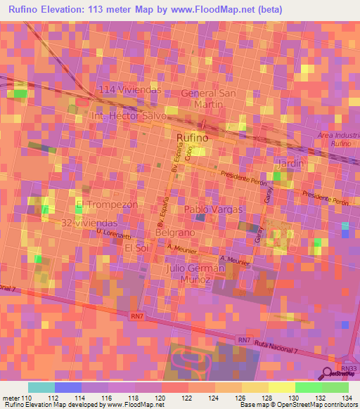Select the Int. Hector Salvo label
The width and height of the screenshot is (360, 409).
coord(129,115)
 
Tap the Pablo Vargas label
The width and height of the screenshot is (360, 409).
coord(213,209)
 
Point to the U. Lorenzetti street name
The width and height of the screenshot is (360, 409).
coord(114,233)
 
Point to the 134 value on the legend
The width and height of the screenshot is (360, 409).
coord(345,398)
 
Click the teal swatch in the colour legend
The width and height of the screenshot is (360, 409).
coord(41,387)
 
